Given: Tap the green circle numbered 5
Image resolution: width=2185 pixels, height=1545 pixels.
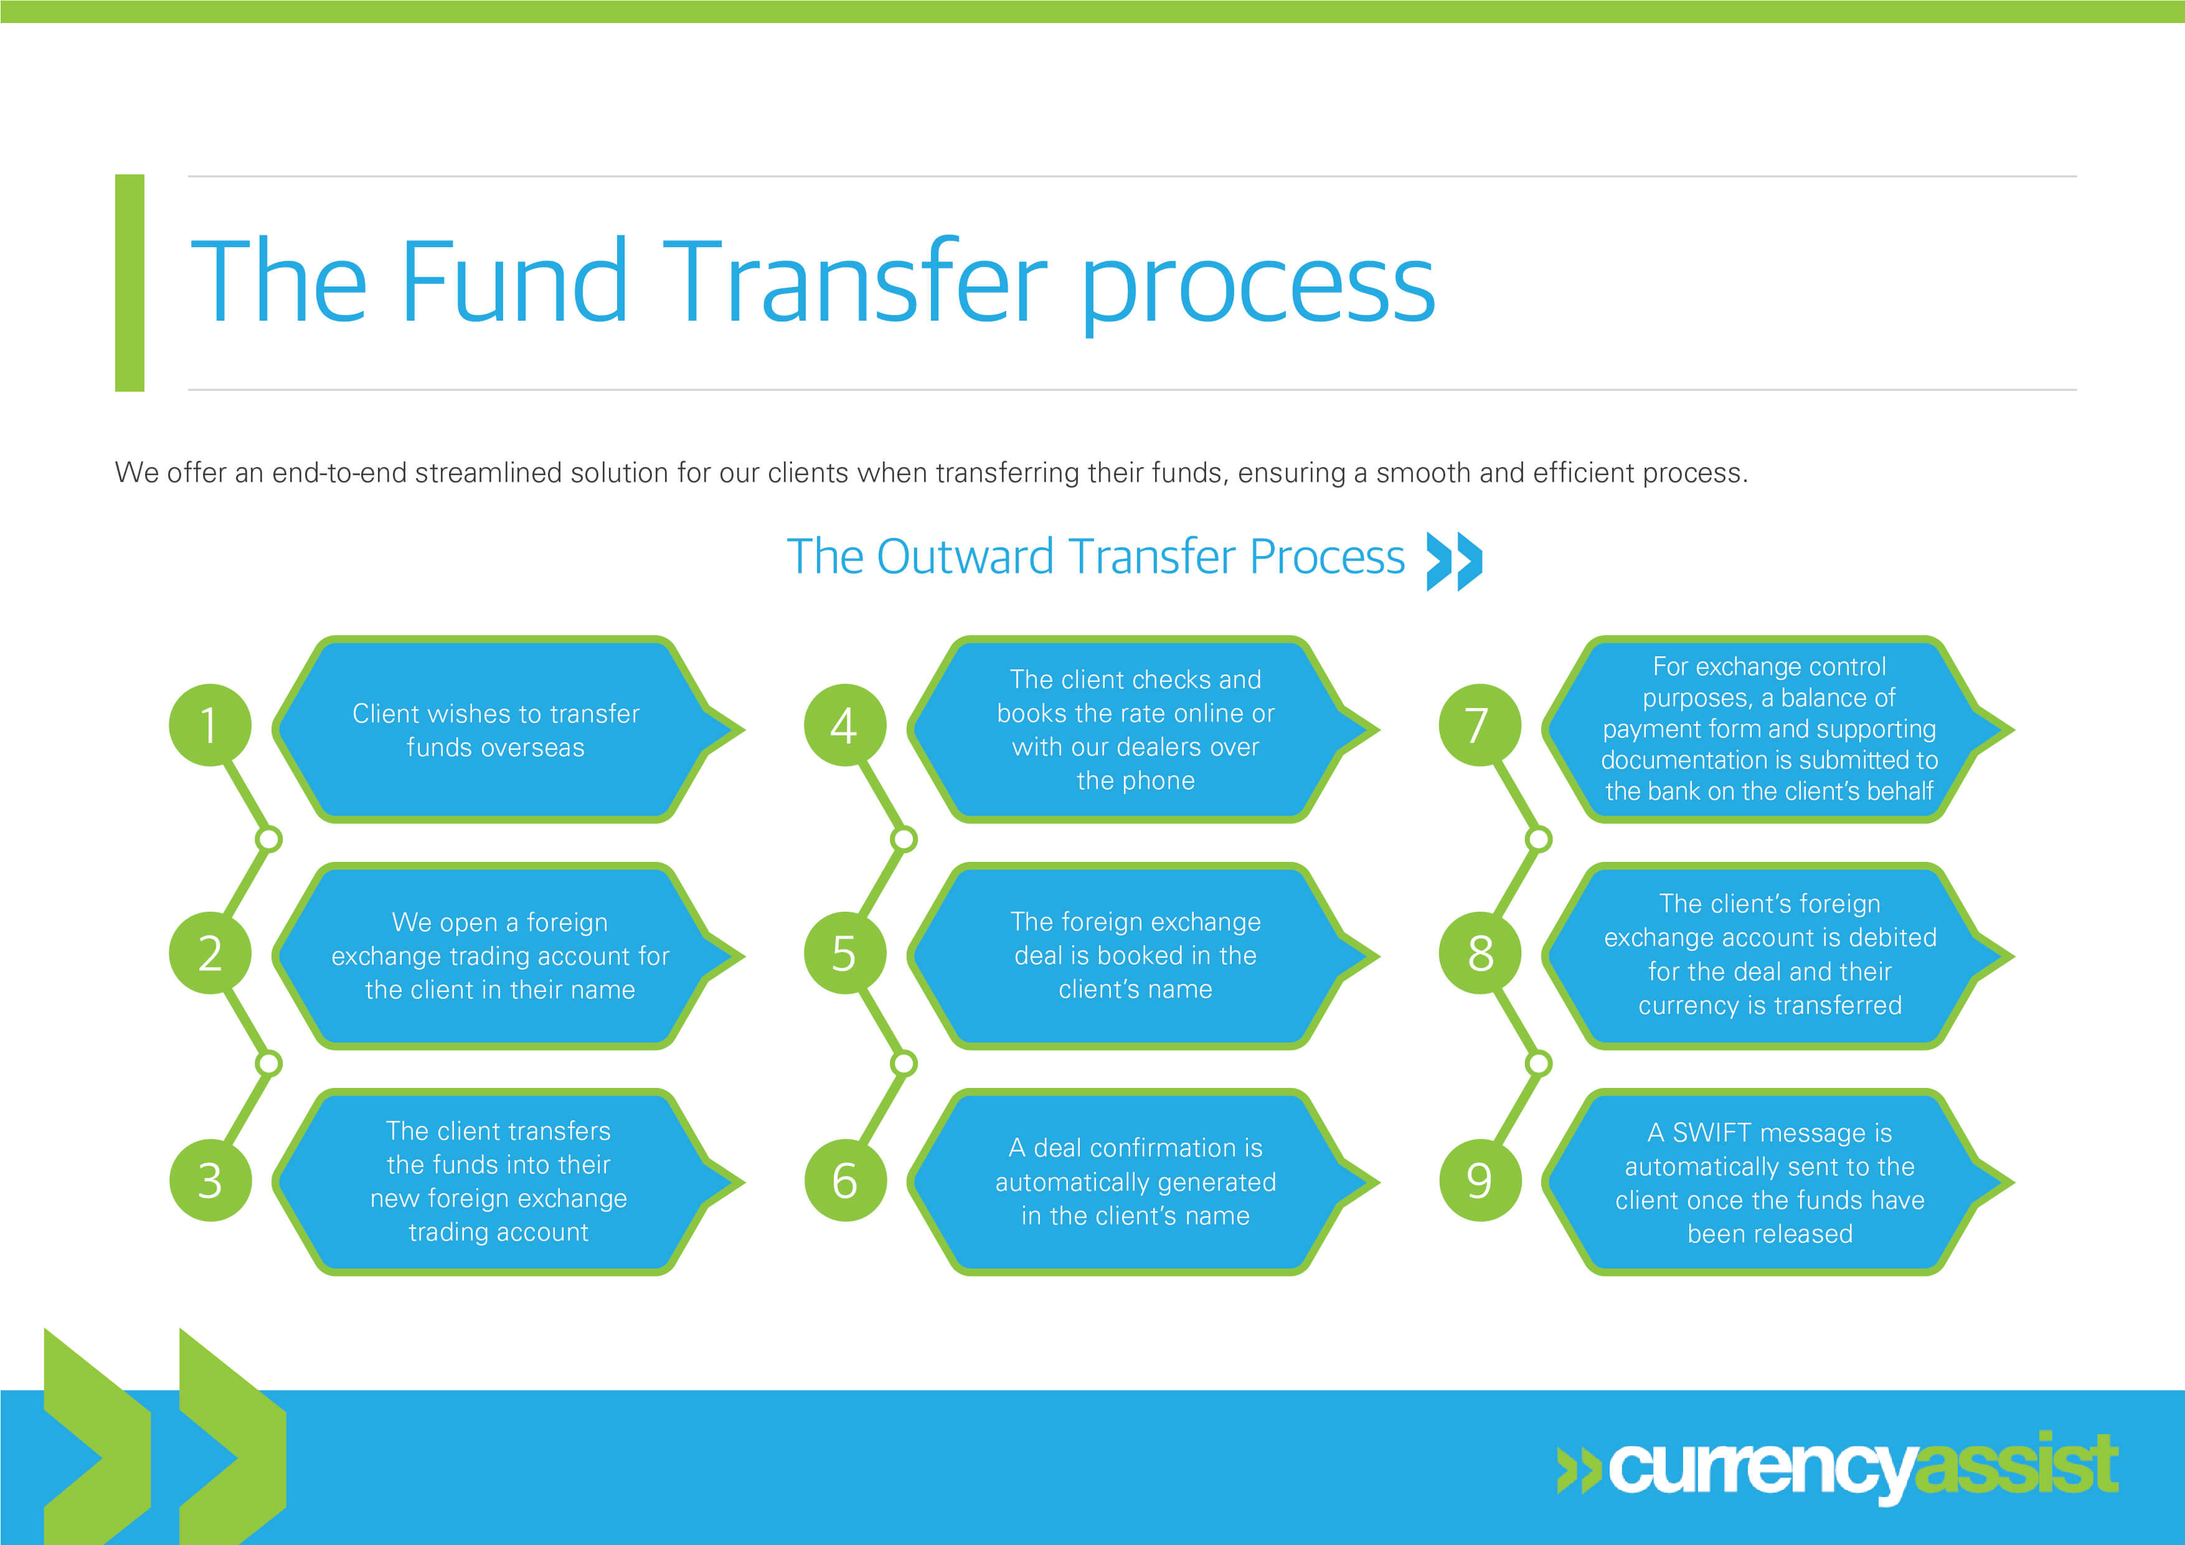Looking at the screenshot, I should (844, 953).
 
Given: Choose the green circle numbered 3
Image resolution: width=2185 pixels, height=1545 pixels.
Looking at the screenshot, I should (209, 1181).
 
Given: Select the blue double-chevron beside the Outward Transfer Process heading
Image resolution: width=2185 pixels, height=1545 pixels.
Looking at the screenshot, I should (1454, 560).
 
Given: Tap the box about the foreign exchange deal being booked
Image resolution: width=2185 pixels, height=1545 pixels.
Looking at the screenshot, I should (1135, 956).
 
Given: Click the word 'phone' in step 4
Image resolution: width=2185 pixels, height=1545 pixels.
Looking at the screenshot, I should (1159, 780).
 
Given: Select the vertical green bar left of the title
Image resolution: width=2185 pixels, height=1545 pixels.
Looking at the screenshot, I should (130, 283).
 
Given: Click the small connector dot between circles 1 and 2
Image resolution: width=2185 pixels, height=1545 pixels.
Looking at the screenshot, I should (270, 839).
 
